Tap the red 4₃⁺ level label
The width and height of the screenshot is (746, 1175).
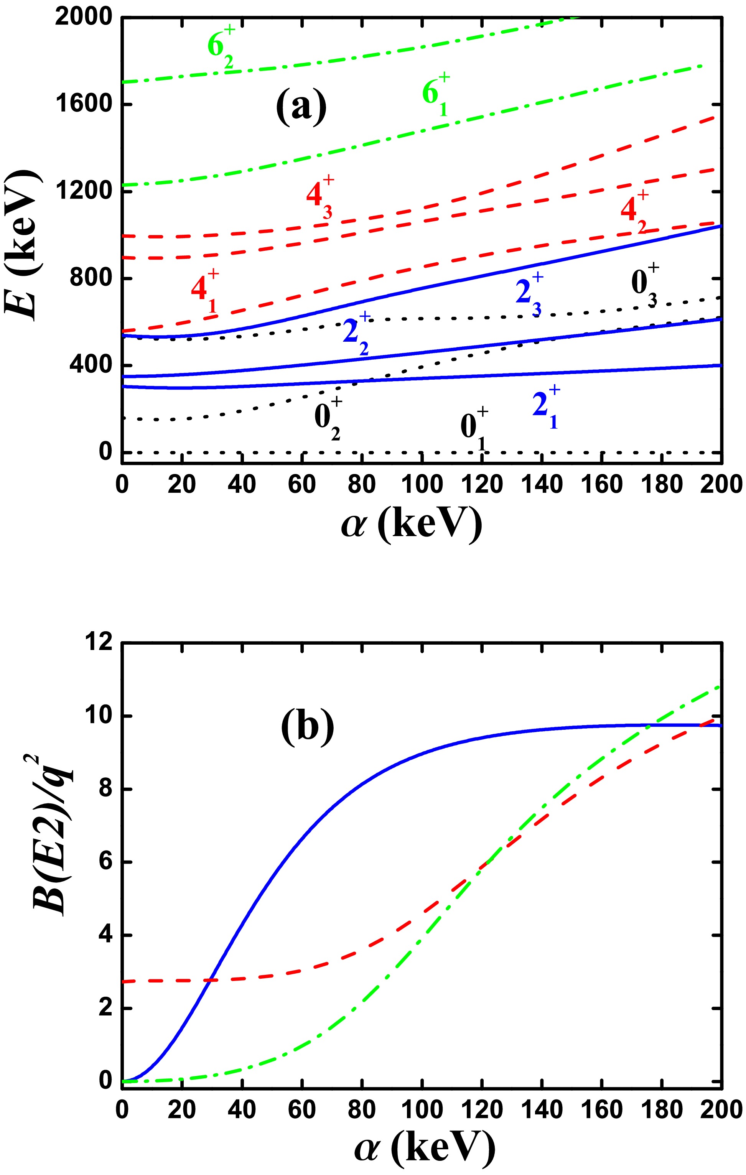click(x=319, y=197)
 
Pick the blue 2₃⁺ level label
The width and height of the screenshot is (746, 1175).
click(x=529, y=294)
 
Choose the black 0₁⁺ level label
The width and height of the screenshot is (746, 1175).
click(x=474, y=429)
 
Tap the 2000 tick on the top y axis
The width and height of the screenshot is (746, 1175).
click(x=84, y=18)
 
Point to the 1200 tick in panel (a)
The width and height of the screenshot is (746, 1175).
click(x=84, y=191)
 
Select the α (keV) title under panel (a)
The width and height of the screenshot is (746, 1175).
click(x=411, y=525)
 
